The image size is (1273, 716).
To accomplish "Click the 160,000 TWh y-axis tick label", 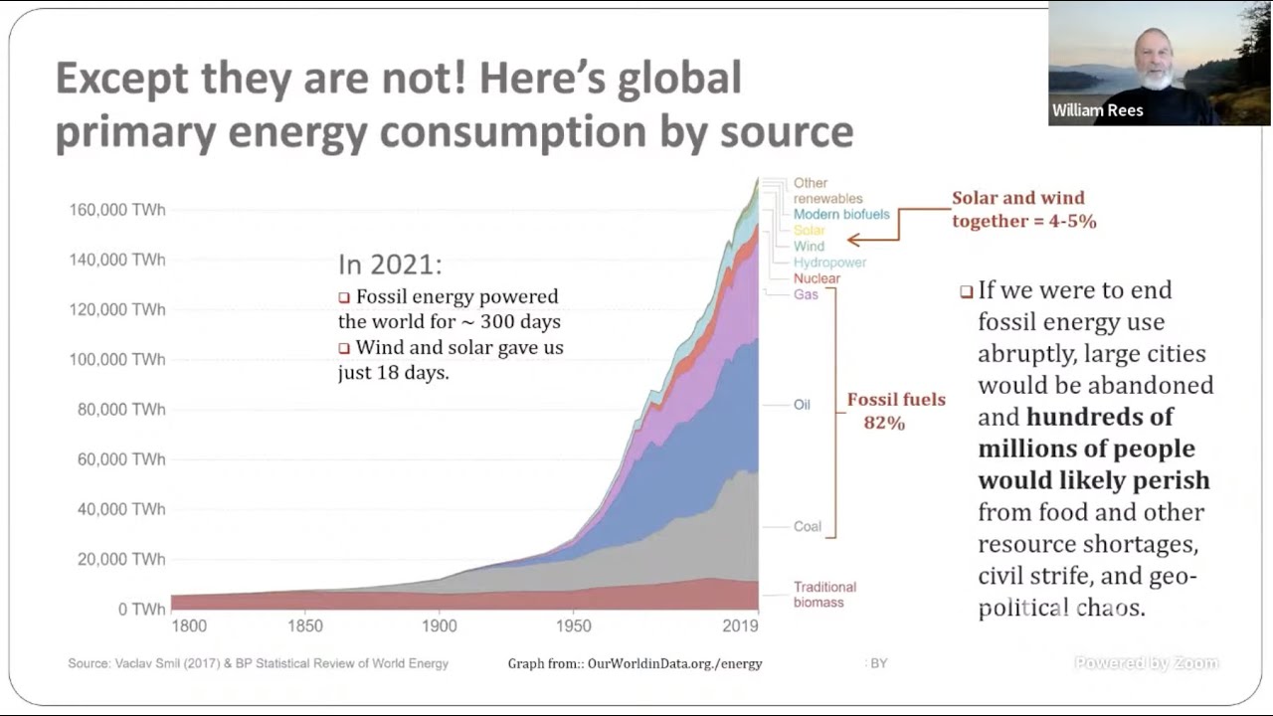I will [116, 210].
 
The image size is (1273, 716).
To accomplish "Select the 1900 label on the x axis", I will [439, 626].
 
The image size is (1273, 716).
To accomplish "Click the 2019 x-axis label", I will [740, 626].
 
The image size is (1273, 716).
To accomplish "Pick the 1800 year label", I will [189, 626].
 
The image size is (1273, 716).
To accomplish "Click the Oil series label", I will [802, 405].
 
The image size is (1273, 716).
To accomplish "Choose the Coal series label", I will [807, 526].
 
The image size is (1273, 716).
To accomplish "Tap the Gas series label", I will [806, 294].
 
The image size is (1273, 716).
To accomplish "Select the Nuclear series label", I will [817, 278].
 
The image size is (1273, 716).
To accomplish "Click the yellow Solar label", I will [809, 231].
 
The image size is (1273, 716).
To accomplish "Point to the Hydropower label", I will [829, 263].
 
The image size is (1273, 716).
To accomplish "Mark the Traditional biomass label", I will [824, 594].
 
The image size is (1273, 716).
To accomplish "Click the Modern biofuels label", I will [841, 215].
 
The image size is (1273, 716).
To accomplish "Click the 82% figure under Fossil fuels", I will [884, 424].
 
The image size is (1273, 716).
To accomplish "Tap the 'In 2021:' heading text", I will [390, 265].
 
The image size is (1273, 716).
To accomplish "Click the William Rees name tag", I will [1098, 110].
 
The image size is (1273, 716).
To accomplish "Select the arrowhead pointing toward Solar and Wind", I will [852, 240].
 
